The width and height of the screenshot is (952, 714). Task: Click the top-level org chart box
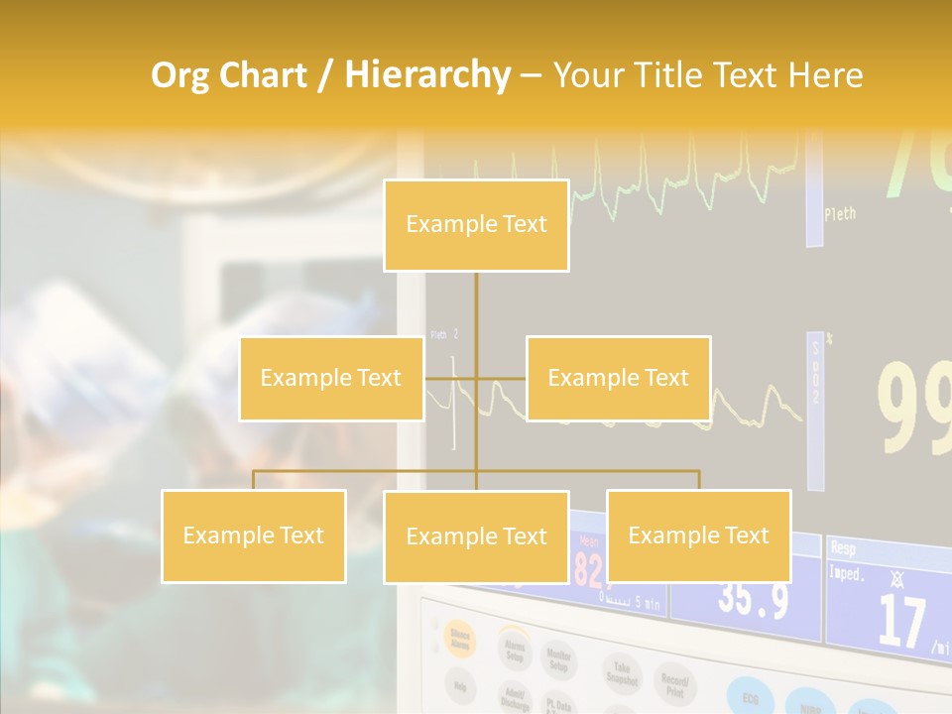(476, 225)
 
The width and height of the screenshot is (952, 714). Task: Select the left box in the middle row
(331, 379)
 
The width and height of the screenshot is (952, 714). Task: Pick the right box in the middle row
(618, 379)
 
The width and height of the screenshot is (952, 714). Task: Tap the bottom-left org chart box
(254, 536)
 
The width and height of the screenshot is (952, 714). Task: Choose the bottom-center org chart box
(476, 537)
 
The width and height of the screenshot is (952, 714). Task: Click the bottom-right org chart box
(698, 536)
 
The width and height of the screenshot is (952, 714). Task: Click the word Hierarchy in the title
(427, 75)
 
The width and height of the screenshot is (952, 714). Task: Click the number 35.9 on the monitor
(754, 600)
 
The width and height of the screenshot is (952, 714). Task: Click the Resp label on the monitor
(844, 546)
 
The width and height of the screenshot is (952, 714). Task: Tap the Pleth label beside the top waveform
(840, 213)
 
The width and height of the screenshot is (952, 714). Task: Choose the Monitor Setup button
(560, 661)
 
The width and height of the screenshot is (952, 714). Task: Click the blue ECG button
(750, 695)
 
